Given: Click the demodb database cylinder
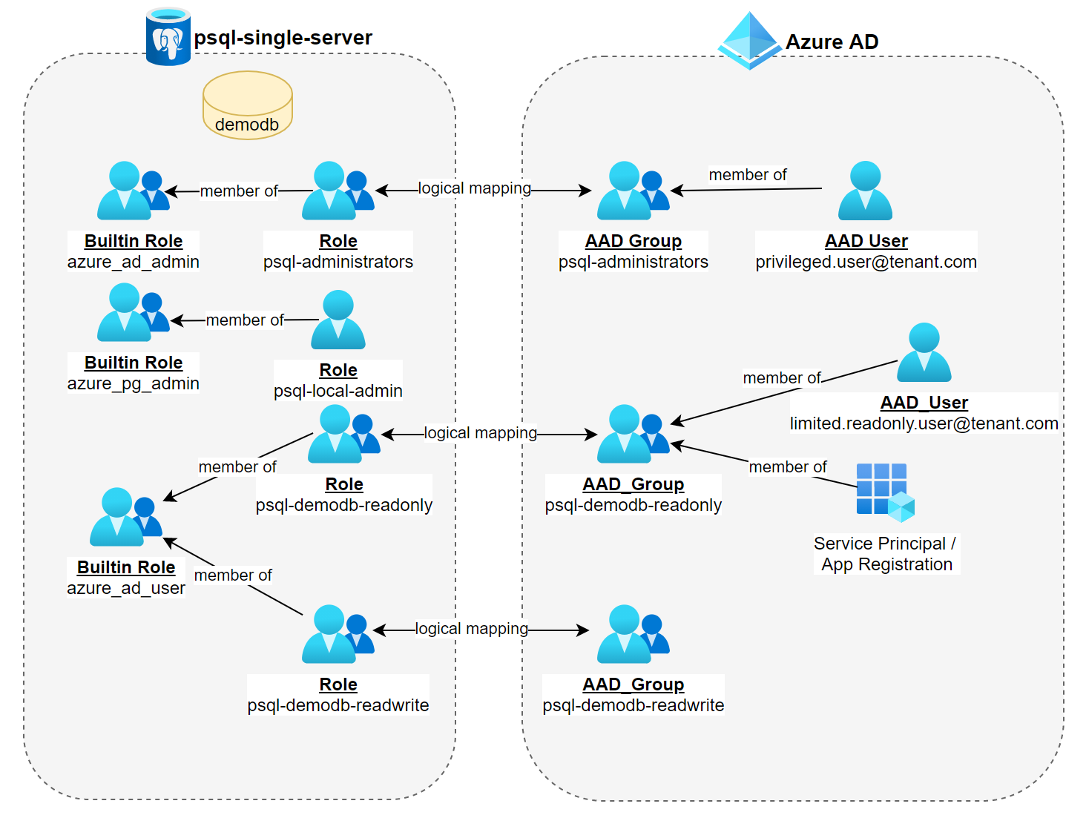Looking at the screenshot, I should pyautogui.click(x=247, y=105).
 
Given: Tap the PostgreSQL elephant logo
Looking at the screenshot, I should pyautogui.click(x=168, y=38).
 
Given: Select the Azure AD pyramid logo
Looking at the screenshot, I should pyautogui.click(x=750, y=40).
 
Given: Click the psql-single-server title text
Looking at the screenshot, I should pyautogui.click(x=283, y=38).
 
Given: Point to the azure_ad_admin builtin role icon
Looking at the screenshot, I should pyautogui.click(x=133, y=191).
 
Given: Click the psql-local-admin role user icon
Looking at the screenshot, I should pyautogui.click(x=338, y=320).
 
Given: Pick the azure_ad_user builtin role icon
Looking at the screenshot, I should pyautogui.click(x=125, y=517).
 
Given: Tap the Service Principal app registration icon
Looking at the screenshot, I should pyautogui.click(x=885, y=491).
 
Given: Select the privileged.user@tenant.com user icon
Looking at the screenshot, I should pyautogui.click(x=865, y=191).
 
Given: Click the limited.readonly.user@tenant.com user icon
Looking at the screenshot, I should pyautogui.click(x=924, y=352).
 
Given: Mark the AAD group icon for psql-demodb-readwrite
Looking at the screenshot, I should pyautogui.click(x=633, y=634).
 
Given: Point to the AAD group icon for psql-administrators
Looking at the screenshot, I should pyautogui.click(x=633, y=191).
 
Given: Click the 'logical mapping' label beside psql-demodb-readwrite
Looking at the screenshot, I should pyautogui.click(x=472, y=629).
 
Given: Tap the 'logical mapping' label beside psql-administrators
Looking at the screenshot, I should pyautogui.click(x=475, y=188).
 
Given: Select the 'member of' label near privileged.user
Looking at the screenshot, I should pyautogui.click(x=748, y=175).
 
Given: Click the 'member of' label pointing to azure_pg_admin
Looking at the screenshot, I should pyautogui.click(x=245, y=320).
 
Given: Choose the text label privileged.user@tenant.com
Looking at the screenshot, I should pyautogui.click(x=866, y=262).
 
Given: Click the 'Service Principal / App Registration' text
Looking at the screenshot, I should pyautogui.click(x=886, y=554).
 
